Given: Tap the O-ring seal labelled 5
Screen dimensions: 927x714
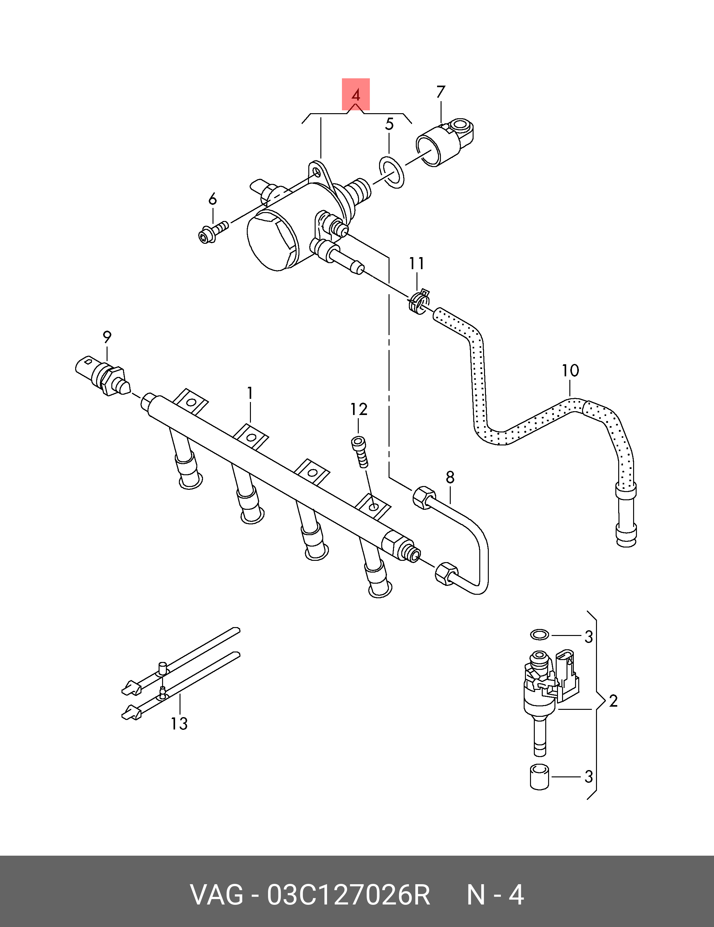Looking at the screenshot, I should (391, 172).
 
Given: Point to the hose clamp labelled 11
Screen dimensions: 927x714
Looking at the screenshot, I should (418, 301).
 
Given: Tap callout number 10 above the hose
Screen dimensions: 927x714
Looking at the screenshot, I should (570, 371).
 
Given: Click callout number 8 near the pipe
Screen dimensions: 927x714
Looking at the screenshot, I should (450, 477).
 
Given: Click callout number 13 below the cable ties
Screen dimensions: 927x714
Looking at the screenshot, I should (179, 723).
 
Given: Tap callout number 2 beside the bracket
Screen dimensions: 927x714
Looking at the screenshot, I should (613, 700).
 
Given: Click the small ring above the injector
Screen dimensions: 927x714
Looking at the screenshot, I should (540, 635).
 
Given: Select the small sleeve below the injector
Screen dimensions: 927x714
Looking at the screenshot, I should (540, 777).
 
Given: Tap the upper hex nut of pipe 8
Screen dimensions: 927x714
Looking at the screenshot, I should (423, 496).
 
